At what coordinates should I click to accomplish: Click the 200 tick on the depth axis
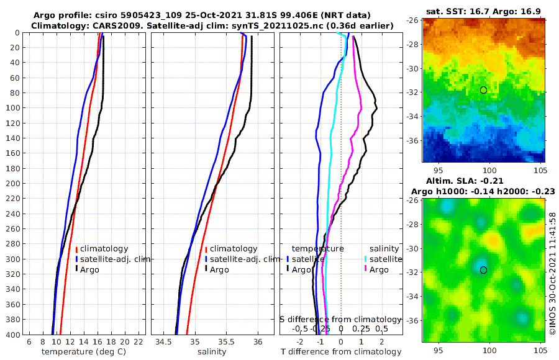pos(13,184)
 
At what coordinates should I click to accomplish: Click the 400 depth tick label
pos(13,335)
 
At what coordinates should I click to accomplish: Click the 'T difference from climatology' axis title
pos(340,352)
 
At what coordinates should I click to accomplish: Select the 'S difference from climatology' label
pos(340,319)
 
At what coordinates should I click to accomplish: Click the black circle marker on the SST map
pos(483,90)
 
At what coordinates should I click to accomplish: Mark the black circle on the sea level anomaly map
pos(483,269)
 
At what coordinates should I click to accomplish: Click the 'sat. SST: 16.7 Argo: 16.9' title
pos(484,12)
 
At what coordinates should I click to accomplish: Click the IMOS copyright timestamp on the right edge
pos(552,273)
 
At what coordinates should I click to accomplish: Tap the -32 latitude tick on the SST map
pos(412,92)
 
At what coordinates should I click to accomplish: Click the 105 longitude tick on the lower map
pos(539,349)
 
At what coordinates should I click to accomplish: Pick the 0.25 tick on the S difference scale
pos(361,328)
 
